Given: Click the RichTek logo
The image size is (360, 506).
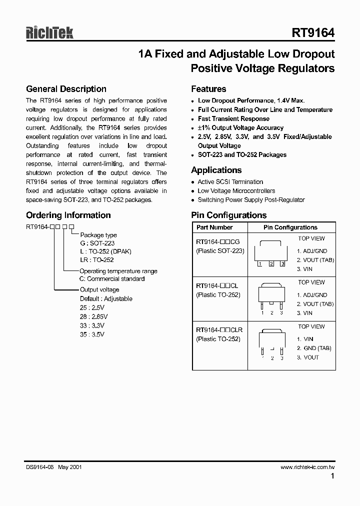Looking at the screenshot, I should tap(49, 33).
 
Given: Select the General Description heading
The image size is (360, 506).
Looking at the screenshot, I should tap(66, 89).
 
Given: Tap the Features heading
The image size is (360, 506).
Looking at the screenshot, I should tap(208, 89).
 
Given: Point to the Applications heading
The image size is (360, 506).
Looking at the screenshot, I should tap(216, 170).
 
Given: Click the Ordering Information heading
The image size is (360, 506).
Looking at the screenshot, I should tap(68, 215).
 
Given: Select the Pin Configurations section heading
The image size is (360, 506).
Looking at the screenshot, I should tap(228, 215).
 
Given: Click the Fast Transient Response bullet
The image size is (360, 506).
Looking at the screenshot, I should tap(233, 119).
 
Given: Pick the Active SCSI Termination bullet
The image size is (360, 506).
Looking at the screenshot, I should tap(230, 182).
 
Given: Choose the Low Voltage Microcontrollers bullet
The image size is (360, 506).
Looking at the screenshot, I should tap(236, 191).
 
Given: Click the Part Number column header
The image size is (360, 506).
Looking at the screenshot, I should tap(214, 227).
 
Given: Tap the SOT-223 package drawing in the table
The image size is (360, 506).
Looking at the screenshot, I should tap(271, 255).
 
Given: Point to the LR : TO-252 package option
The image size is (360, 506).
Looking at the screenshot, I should tap(96, 260).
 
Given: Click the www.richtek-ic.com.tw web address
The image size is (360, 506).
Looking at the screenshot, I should tap(307, 467).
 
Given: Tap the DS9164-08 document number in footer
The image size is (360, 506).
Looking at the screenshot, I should tap(39, 467).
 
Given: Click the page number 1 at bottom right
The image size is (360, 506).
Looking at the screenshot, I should tap(332, 477).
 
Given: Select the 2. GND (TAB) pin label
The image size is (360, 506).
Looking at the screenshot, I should tap(314, 348).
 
